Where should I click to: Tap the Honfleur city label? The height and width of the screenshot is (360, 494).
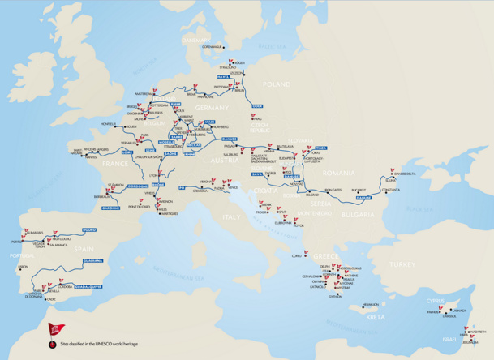[109, 123]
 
